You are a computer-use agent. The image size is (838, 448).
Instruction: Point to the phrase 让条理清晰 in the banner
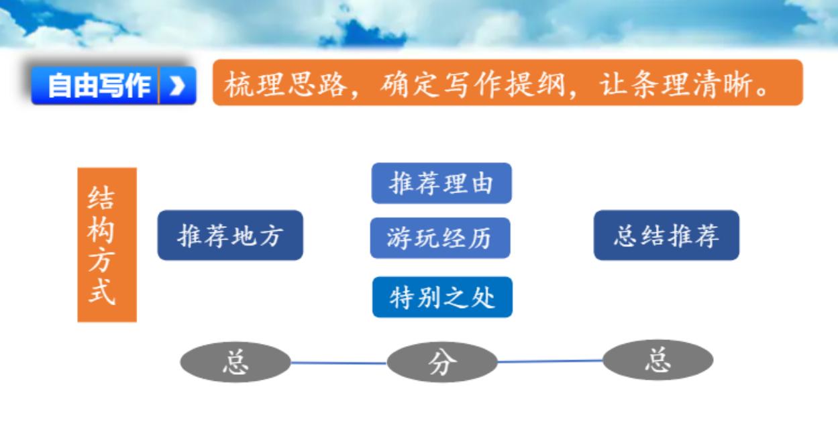677,84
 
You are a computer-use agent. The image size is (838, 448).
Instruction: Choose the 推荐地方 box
230,235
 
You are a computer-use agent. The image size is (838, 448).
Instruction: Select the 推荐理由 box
441,183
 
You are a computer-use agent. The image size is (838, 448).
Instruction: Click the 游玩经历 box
439,237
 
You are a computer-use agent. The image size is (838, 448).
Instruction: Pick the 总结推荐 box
666,235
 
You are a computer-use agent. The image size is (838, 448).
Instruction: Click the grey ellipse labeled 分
442,362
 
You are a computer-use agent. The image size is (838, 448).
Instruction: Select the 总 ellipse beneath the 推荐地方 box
235,362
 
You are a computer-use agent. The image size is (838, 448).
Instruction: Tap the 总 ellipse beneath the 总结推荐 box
658,360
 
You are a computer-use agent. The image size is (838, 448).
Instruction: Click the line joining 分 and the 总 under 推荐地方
339,363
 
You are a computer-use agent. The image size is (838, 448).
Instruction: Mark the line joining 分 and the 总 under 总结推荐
550,361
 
